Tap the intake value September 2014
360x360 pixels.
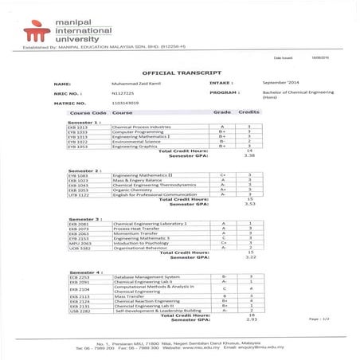coord(284,83)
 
